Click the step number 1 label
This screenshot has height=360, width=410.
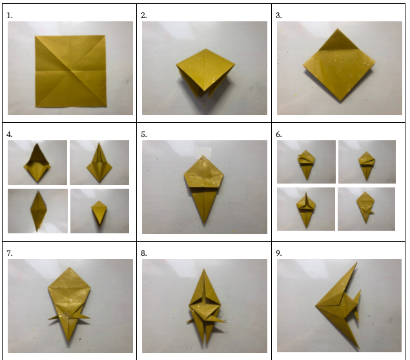coord(10,16)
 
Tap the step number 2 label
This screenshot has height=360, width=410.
coord(144,16)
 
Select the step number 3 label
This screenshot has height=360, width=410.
coord(279,16)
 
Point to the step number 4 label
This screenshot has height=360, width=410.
coord(10,134)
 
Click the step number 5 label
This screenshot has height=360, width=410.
coord(144,134)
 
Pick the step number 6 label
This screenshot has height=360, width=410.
coord(279,134)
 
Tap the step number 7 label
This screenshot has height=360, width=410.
coord(10,253)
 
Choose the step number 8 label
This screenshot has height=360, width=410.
coord(144,253)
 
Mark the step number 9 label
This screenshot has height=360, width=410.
coord(279,253)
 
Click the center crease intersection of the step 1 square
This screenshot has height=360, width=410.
coord(70,70)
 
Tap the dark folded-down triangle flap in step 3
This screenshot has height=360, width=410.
coord(338,41)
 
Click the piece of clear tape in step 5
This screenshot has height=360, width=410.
coord(203,153)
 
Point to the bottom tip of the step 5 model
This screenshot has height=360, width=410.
coord(204,224)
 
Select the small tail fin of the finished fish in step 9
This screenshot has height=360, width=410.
coord(356,305)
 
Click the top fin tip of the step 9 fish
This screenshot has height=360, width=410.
coord(356,263)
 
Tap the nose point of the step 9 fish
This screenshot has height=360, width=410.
coord(316,306)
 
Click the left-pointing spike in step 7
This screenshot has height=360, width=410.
coord(54,317)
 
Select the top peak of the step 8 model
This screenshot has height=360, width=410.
coord(204,270)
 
